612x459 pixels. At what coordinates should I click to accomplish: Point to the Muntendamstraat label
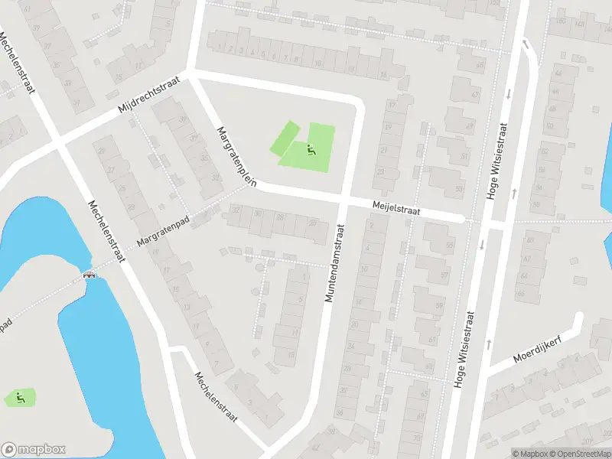point(334,262)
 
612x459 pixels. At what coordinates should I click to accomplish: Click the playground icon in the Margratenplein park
point(310,149)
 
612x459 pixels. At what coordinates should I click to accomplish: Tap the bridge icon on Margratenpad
point(90,275)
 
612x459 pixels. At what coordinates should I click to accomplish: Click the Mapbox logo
point(34,450)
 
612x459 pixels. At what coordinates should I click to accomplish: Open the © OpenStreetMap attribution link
point(581,453)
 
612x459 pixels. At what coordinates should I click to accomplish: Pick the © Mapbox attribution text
point(530,453)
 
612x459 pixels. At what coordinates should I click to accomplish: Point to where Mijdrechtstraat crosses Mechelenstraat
point(58,142)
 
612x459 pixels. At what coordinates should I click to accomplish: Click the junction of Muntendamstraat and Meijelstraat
point(343,200)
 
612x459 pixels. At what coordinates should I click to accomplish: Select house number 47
point(475,95)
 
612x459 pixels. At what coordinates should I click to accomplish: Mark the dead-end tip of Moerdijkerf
point(579,319)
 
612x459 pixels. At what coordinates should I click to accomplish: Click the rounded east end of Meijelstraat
point(461,219)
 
